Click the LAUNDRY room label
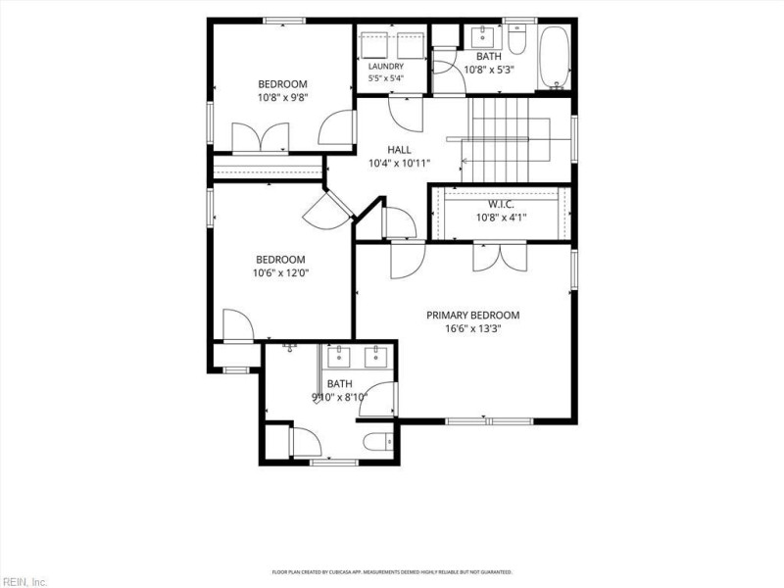tap(385, 66)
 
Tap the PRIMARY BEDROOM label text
tap(472, 315)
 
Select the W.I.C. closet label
tap(501, 204)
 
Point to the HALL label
tap(399, 150)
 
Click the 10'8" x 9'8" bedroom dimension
tap(282, 97)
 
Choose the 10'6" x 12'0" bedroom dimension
tap(280, 273)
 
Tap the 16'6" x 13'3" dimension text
tap(472, 328)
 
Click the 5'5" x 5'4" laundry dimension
tap(385, 78)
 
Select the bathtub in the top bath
tap(555, 57)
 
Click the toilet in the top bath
tap(516, 39)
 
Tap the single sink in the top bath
tap(482, 35)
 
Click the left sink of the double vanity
tap(339, 357)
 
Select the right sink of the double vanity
tap(375, 357)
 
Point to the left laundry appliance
tap(374, 45)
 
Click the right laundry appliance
tap(411, 45)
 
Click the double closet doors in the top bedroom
tap(260, 137)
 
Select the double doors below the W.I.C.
tap(500, 257)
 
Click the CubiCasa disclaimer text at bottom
tap(392, 571)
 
